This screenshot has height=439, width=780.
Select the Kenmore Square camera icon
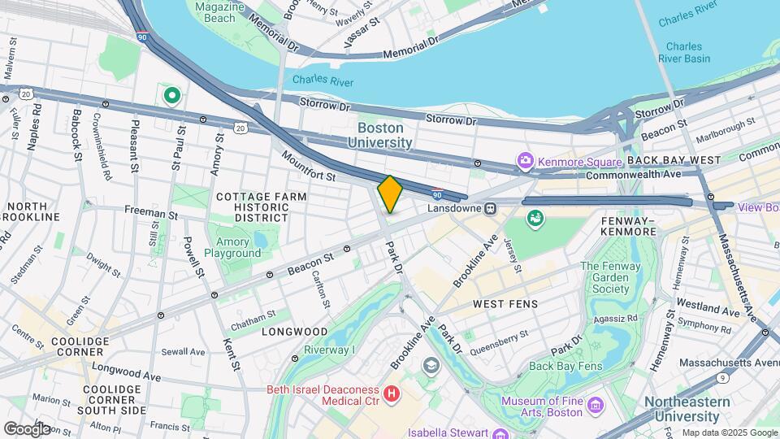click(525, 161)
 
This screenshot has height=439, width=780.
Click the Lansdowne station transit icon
click(491, 209)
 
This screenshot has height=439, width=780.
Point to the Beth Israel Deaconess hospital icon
click(393, 393)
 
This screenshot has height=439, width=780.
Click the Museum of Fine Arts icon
click(596, 405)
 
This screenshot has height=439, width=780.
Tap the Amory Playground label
click(233, 247)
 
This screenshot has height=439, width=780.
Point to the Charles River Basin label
click(686, 53)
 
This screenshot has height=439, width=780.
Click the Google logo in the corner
click(27, 428)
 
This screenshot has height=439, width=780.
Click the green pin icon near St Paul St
click(171, 97)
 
